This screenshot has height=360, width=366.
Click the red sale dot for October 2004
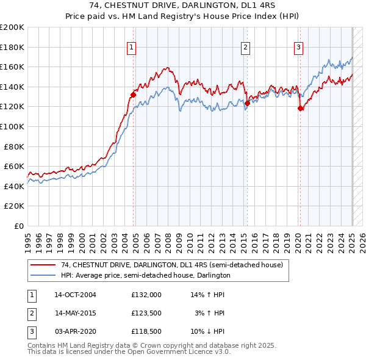coord(133,95)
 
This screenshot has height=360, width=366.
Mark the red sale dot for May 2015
coord(247,103)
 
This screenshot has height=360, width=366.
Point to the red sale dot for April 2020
coord(300,109)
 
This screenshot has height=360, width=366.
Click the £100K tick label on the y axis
coord(12,126)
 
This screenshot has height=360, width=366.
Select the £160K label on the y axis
coord(12,67)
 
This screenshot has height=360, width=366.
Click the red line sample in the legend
coord(43,265)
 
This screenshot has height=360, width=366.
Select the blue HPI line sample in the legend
coord(43,275)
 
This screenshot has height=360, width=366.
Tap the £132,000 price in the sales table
coord(146,294)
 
